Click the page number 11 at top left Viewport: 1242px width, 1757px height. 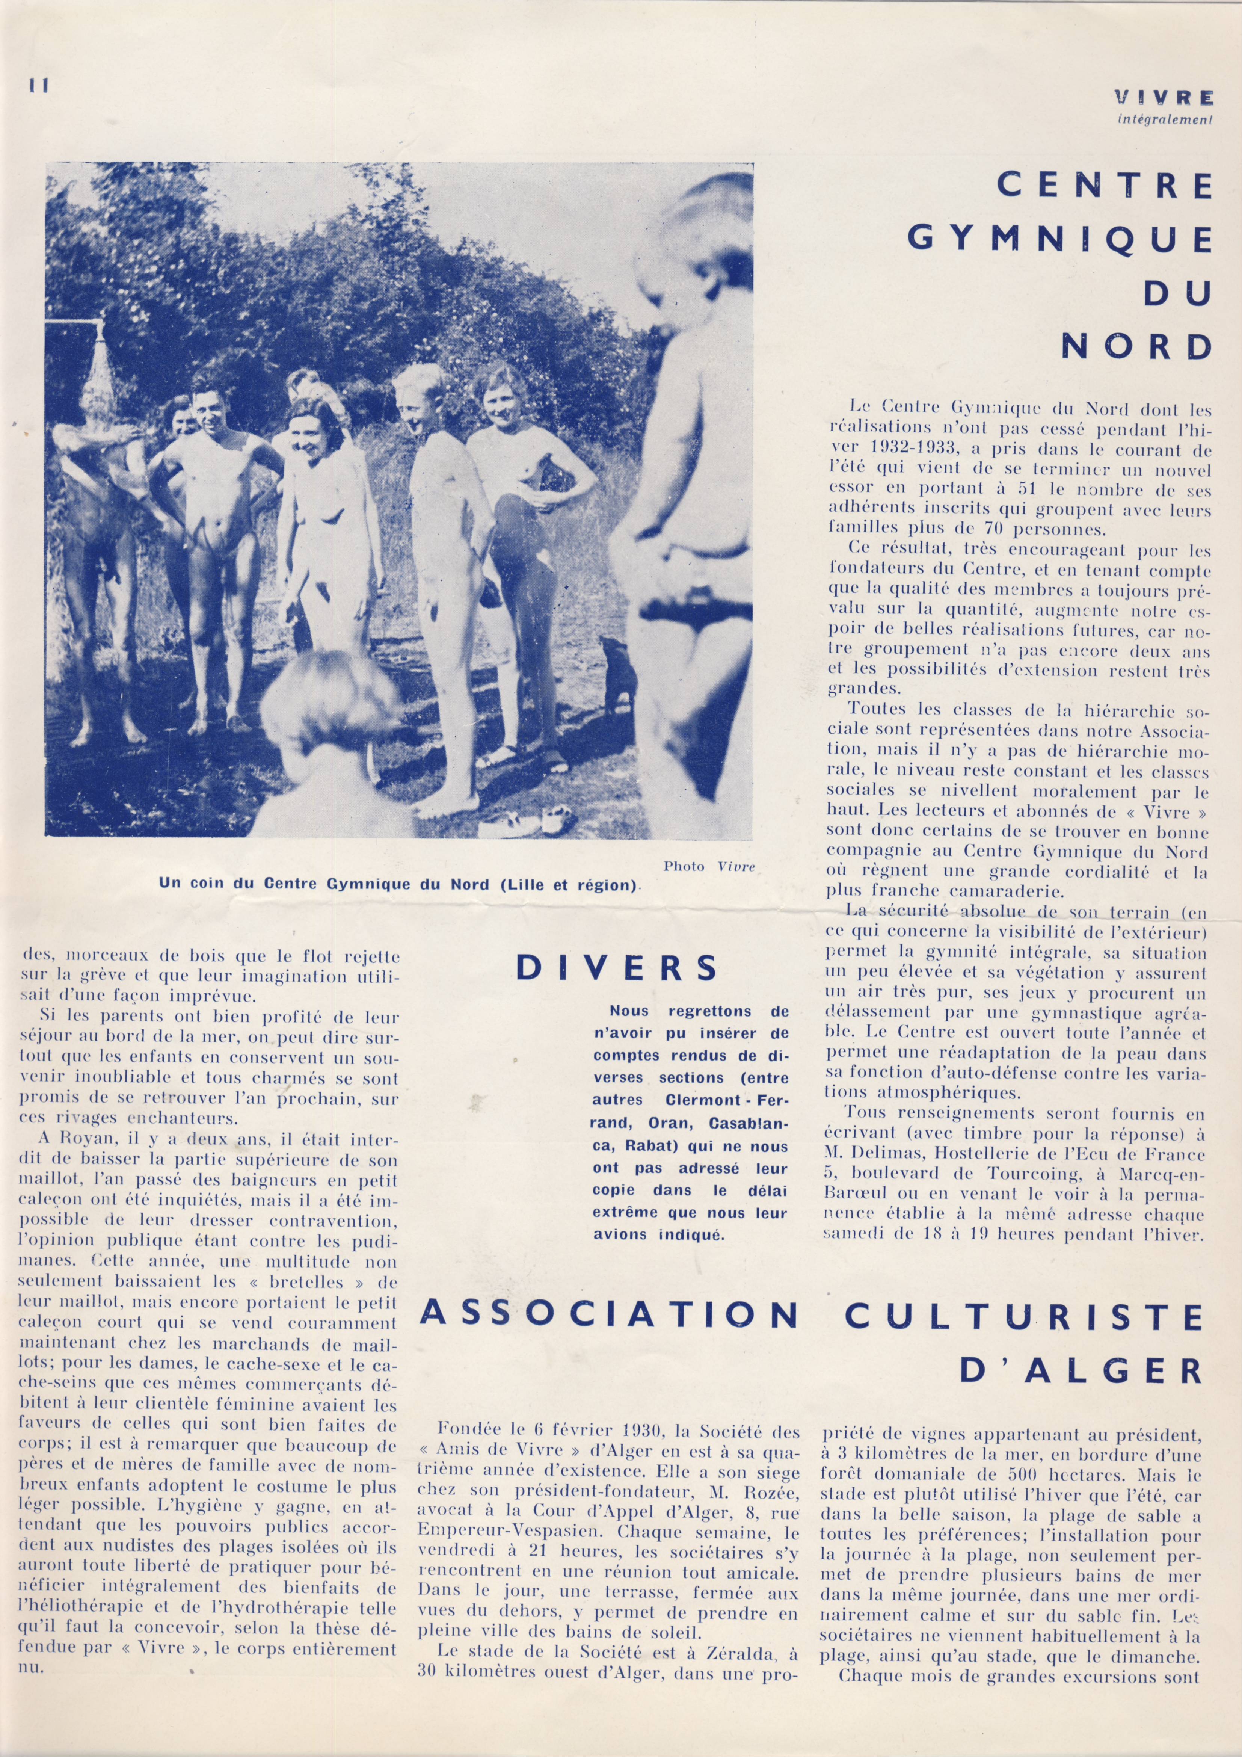pyautogui.click(x=38, y=86)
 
